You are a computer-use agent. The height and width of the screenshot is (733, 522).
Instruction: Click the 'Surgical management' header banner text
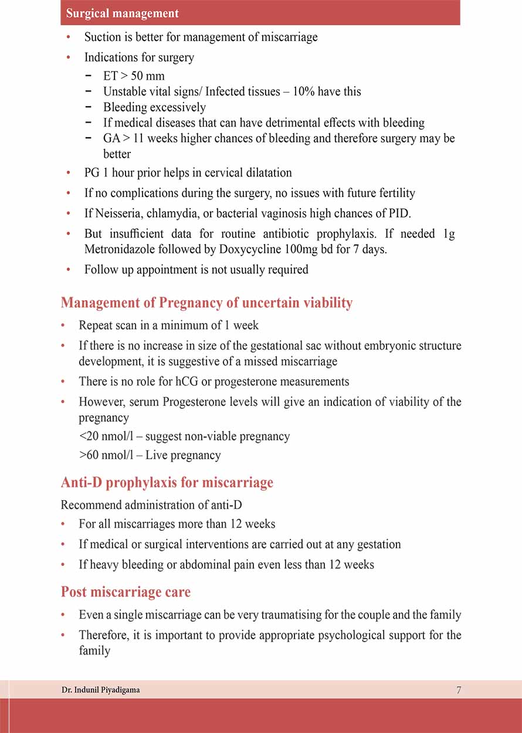[x=123, y=13]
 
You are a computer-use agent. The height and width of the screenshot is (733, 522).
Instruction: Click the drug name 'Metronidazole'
[x=120, y=249]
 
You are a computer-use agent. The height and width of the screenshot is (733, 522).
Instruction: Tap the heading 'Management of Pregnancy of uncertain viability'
[x=206, y=303]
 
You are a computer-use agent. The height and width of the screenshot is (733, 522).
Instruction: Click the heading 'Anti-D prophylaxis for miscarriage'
[x=167, y=483]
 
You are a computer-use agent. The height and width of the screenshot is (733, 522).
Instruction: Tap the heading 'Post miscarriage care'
[x=126, y=592]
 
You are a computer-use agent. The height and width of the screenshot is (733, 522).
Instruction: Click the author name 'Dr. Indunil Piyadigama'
[x=100, y=690]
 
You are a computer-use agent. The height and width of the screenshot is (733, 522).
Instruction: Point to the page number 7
[x=459, y=690]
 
